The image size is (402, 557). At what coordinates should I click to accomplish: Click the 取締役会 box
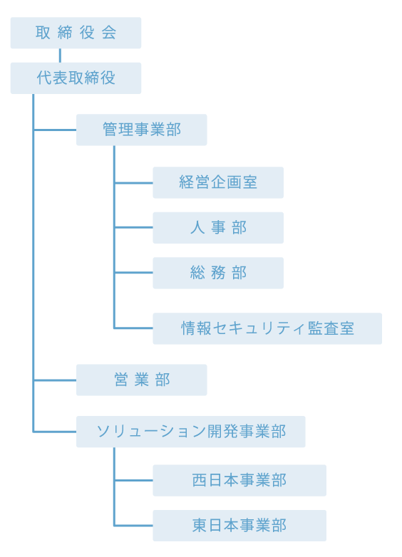point(76,33)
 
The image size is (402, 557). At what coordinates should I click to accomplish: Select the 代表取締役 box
point(76,78)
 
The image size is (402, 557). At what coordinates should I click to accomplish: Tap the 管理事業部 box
point(141,130)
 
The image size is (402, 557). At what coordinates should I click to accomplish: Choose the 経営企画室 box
point(218,182)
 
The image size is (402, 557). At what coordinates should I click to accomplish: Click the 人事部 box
point(218,228)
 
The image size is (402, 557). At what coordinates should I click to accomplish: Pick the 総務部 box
point(218,273)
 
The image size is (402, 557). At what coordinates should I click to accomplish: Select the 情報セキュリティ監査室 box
point(267,328)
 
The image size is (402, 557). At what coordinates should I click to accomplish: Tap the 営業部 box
point(141,380)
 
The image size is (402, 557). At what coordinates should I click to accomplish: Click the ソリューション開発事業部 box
point(191,432)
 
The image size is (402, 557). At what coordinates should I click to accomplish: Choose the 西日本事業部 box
point(239,480)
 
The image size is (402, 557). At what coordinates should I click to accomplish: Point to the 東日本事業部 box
point(239,526)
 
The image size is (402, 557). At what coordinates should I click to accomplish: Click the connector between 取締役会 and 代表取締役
point(60,56)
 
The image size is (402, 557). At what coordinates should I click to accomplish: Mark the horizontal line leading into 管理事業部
point(55,130)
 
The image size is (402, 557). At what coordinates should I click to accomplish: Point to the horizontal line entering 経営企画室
point(134,183)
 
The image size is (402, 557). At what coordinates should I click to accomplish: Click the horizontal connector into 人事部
point(134,227)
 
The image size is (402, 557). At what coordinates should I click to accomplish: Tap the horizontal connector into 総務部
point(134,273)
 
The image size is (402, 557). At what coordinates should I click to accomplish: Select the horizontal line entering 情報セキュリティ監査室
point(134,328)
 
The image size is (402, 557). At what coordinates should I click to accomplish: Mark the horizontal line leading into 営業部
point(55,380)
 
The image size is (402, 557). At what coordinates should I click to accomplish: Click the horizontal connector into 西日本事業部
point(134,480)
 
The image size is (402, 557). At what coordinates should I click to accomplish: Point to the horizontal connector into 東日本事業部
point(134,526)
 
